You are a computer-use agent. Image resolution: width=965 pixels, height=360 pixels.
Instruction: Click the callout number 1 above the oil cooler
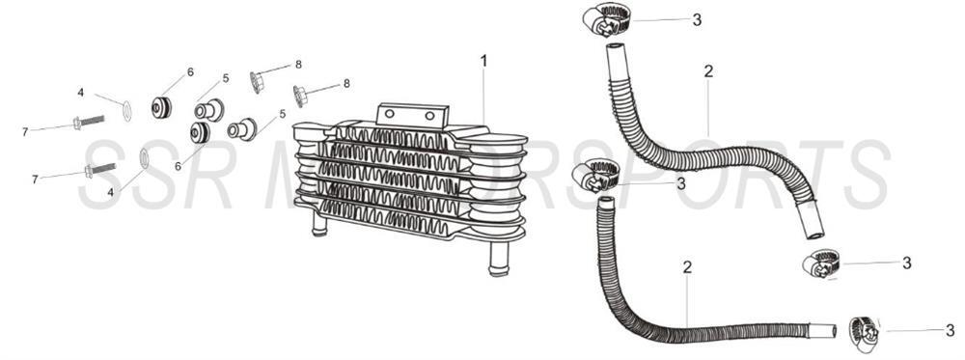[x=483, y=61]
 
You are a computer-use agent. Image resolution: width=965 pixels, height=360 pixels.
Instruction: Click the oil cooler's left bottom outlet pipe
[x=318, y=226]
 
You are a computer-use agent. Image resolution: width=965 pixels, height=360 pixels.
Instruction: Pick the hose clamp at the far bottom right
[x=865, y=330]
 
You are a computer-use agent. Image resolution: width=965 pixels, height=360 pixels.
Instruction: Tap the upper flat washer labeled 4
[x=127, y=111]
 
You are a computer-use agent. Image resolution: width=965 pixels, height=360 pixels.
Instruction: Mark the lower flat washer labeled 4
[x=145, y=158]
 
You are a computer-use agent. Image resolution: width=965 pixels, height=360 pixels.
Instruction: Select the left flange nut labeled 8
[x=258, y=81]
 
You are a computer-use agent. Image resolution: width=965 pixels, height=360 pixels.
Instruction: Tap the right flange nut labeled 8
[x=300, y=95]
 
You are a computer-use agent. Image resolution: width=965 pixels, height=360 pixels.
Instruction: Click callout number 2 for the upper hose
[x=708, y=71]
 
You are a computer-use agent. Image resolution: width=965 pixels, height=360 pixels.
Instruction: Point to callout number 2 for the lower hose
[x=687, y=266]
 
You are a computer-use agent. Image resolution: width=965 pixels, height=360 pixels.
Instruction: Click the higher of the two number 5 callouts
[x=226, y=78]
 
